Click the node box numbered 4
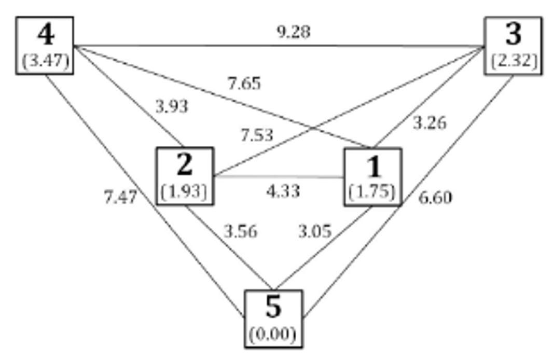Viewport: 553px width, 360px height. pyautogui.click(x=45, y=46)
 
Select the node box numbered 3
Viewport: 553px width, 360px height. pyautogui.click(x=514, y=46)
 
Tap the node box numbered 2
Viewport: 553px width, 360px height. pyautogui.click(x=185, y=176)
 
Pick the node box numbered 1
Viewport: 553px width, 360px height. pyautogui.click(x=373, y=177)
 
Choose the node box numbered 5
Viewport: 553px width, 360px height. pyautogui.click(x=273, y=319)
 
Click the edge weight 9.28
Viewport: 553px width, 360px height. pyautogui.click(x=294, y=33)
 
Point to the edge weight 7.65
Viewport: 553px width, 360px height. pyautogui.click(x=244, y=84)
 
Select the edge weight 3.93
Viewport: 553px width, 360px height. pyautogui.click(x=172, y=106)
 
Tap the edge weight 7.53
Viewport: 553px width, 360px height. pyautogui.click(x=257, y=135)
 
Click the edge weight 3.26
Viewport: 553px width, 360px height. pyautogui.click(x=430, y=123)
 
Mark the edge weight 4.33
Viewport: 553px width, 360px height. pyautogui.click(x=283, y=192)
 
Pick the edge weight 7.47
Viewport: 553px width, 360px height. pyautogui.click(x=121, y=197)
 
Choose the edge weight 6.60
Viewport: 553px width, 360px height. pyautogui.click(x=435, y=198)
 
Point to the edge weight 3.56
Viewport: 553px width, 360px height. pyautogui.click(x=241, y=232)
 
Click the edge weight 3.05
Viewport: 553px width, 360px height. pyautogui.click(x=315, y=232)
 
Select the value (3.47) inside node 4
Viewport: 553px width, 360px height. pyautogui.click(x=45, y=61)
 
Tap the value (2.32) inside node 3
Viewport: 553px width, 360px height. pyautogui.click(x=514, y=61)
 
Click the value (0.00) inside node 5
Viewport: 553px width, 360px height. pyautogui.click(x=273, y=334)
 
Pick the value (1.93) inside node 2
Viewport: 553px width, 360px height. pyautogui.click(x=184, y=191)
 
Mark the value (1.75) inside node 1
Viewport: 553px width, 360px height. pyautogui.click(x=372, y=192)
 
